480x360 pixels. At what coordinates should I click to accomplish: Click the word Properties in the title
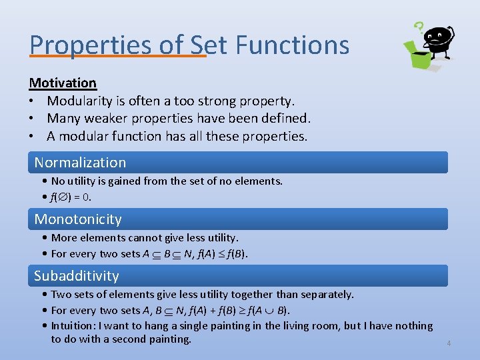81,45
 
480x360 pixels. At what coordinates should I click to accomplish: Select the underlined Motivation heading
63,83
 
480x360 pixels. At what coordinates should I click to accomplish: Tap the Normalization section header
80,162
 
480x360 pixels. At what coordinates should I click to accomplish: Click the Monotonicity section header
78,219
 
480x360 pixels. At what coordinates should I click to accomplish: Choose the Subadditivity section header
77,275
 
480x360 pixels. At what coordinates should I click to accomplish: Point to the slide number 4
449,343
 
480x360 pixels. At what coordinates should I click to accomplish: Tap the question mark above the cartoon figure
419,27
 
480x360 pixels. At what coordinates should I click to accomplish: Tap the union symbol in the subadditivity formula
271,311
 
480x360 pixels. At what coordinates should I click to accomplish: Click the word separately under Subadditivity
329,294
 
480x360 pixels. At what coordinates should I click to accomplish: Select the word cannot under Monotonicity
149,237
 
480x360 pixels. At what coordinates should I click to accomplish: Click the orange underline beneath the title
118,56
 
